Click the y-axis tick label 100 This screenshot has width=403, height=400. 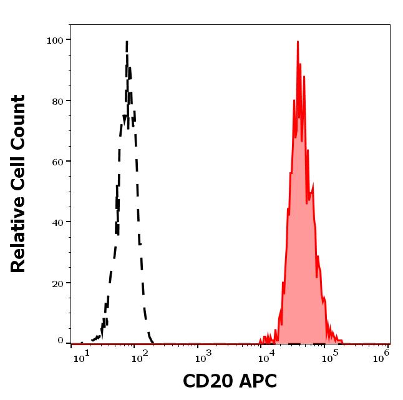(55, 41)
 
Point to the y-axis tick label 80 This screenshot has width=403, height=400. (57, 101)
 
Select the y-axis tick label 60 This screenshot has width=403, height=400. (57, 162)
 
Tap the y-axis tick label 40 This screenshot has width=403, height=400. (57, 222)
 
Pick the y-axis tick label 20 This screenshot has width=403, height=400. (57, 283)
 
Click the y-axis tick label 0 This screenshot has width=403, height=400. (61, 341)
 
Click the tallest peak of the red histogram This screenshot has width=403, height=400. (298, 42)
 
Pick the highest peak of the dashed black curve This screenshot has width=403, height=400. (127, 42)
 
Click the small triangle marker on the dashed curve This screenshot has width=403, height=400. (125, 118)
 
